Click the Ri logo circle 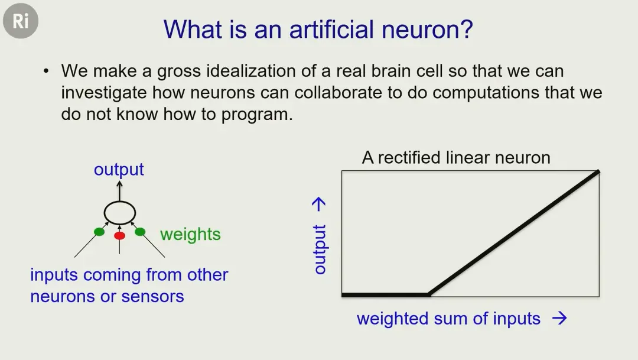[x=21, y=21]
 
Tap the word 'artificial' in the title [x=331, y=30]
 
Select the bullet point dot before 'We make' [x=46, y=72]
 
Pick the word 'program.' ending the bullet [x=257, y=115]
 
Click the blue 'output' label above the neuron [x=119, y=170]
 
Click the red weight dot [x=119, y=235]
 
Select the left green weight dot [x=99, y=232]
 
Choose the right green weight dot [x=140, y=232]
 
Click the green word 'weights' [x=190, y=235]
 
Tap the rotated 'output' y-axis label [x=320, y=249]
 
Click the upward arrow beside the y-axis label [x=319, y=205]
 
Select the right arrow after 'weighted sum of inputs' [x=559, y=318]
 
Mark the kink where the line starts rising [x=429, y=294]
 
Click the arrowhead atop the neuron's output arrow [x=119, y=184]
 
